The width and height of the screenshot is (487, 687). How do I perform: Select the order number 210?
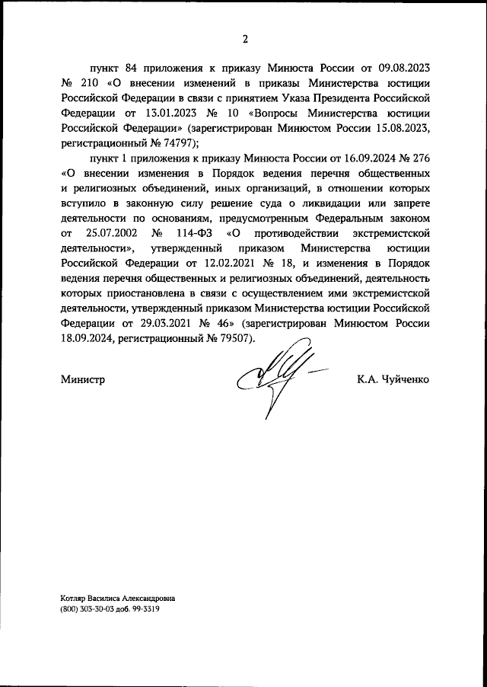click(x=91, y=83)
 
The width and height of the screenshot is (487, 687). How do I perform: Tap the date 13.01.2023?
click(x=151, y=112)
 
